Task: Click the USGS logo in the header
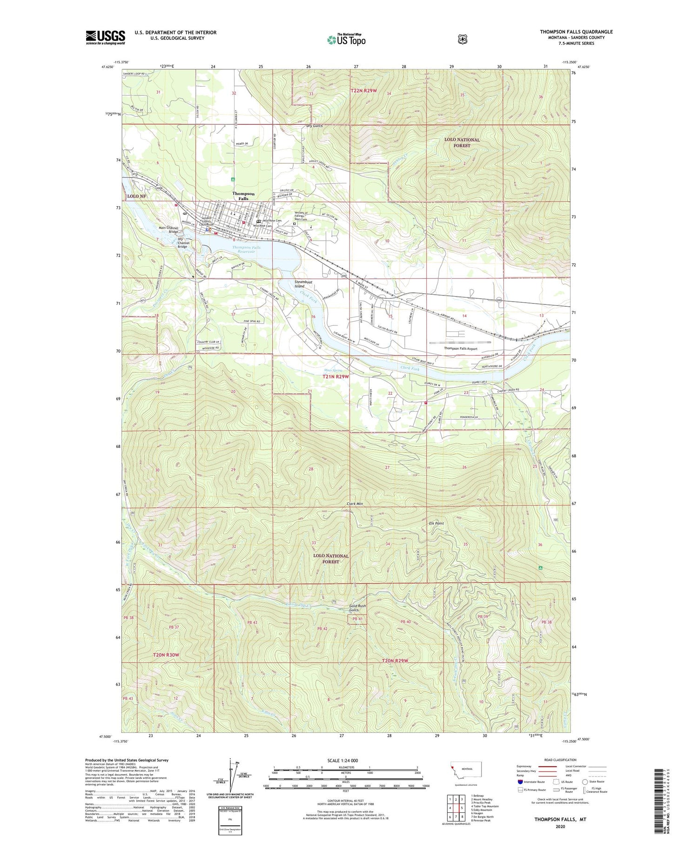click(x=105, y=37)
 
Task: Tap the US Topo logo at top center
click(x=346, y=39)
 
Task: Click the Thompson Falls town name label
click(x=243, y=196)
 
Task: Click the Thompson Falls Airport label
click(x=460, y=348)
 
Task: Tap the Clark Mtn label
click(x=355, y=504)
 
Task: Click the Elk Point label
click(x=436, y=523)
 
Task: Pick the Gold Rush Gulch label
click(x=357, y=608)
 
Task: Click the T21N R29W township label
click(x=336, y=376)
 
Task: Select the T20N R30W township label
click(x=166, y=655)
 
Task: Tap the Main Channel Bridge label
click(x=168, y=230)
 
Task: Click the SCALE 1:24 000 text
click(x=345, y=761)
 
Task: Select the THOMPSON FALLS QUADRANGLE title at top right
click(x=576, y=32)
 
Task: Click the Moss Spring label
click(x=333, y=370)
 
